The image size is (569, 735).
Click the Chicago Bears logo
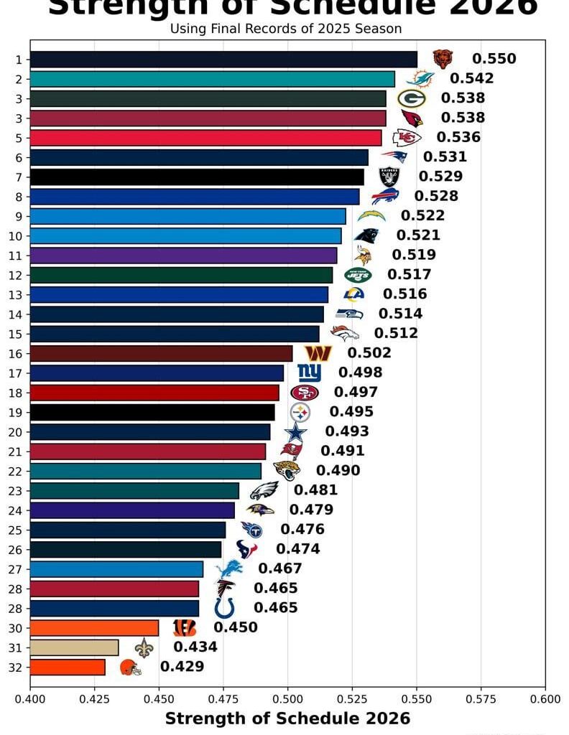tap(443, 59)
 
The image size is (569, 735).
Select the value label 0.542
tap(471, 79)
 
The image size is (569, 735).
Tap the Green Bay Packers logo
tap(412, 98)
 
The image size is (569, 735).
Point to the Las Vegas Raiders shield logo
tap(389, 177)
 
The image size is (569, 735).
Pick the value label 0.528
tap(435, 196)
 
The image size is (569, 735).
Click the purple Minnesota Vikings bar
tap(183, 255)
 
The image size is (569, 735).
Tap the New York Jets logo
tap(358, 274)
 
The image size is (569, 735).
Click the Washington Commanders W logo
tap(318, 353)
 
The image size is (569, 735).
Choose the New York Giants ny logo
tap(309, 373)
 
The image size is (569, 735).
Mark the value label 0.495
tap(351, 412)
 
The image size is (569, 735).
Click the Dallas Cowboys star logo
tap(295, 432)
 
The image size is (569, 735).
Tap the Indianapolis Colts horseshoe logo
tap(224, 608)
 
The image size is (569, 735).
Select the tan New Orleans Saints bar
tap(74, 647)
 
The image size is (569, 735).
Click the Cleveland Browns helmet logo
tap(130, 667)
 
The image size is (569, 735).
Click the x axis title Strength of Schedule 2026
tap(287, 718)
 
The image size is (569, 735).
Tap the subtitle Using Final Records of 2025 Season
tap(285, 29)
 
